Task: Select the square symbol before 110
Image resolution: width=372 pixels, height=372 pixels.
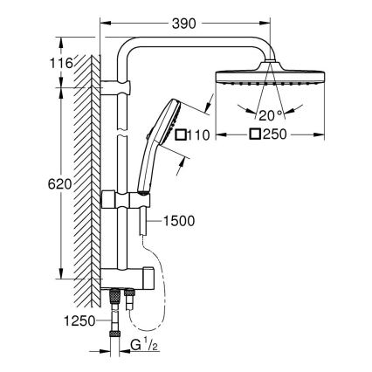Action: [182, 135]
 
